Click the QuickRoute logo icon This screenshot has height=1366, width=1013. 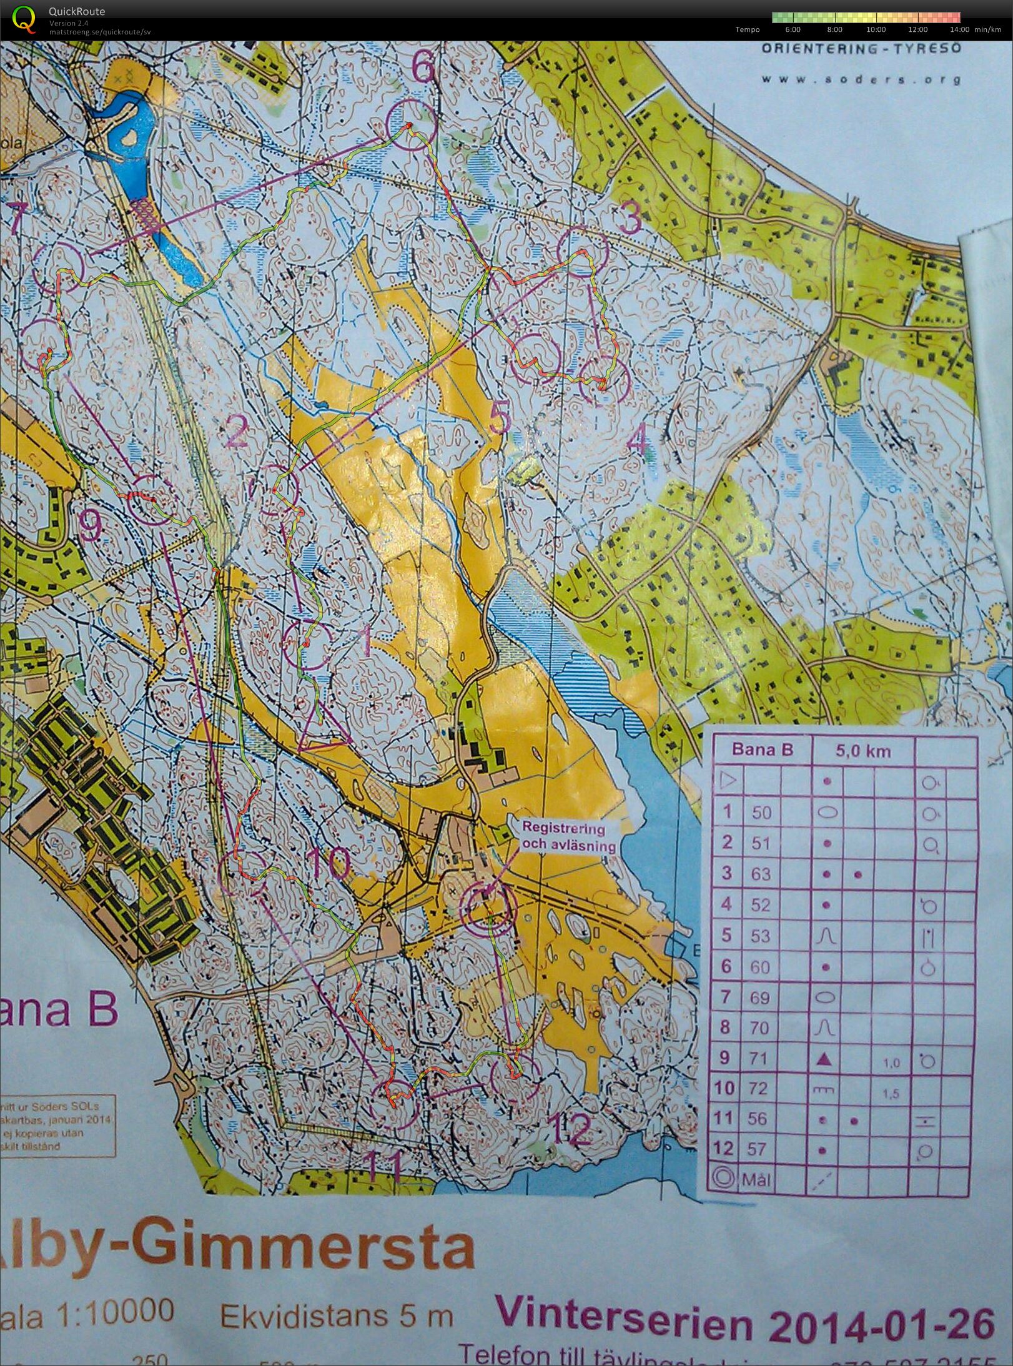(24, 18)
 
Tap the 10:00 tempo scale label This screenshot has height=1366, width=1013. (876, 29)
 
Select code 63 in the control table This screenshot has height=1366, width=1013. (761, 873)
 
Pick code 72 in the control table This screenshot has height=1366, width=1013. (758, 1088)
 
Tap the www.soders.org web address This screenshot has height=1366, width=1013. (861, 79)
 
